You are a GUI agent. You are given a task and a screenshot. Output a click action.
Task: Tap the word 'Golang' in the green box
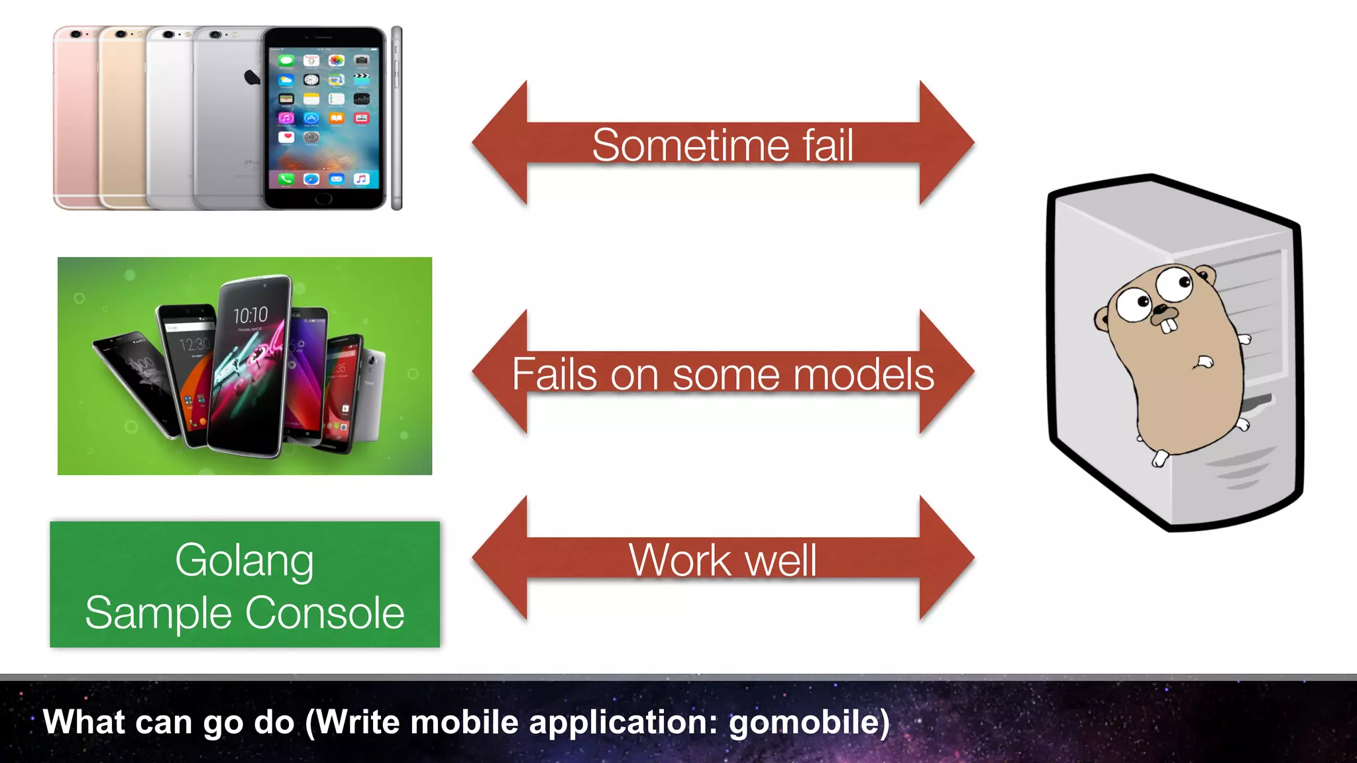(244, 562)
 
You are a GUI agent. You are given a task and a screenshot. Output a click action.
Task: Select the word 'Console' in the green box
(325, 613)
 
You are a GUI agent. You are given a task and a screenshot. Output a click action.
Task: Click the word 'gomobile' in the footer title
(808, 723)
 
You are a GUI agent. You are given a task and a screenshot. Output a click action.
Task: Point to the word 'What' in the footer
(83, 721)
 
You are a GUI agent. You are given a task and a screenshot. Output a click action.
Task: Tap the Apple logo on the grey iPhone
(252, 77)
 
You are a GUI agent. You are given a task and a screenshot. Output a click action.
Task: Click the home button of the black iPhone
(323, 198)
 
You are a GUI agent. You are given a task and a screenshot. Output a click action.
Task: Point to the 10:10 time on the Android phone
(250, 315)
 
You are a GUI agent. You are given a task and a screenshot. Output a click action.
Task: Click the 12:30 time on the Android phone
(194, 344)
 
